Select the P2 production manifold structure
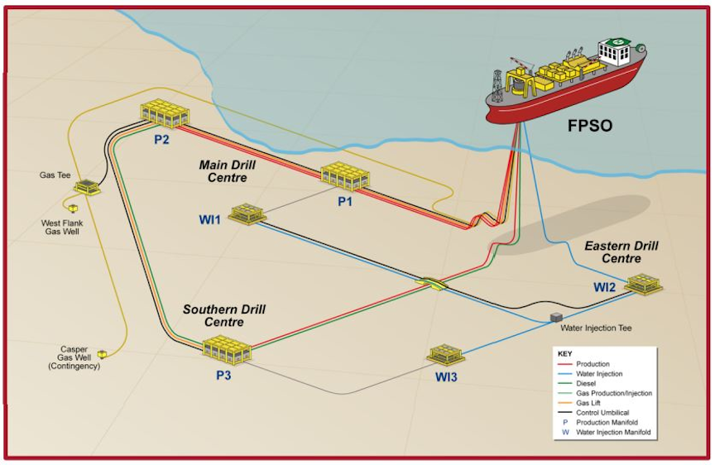pos(165,113)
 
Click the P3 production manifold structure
pos(227,349)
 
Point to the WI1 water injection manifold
pos(246,214)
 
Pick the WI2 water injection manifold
pos(644,283)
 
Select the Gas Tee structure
pos(88,188)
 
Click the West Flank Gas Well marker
pos(74,208)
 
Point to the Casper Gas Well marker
pos(102,354)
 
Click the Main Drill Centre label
pos(223,171)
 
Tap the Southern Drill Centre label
pos(223,315)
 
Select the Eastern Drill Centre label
pos(621,252)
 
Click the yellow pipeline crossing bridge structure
pos(432,283)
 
